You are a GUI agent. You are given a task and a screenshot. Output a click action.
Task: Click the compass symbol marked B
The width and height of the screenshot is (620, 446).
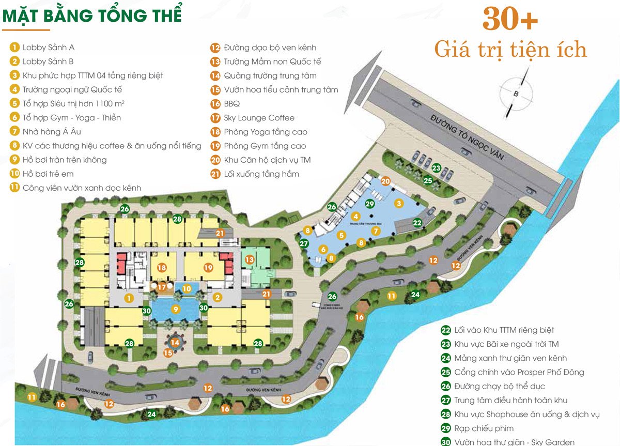pos(515,94)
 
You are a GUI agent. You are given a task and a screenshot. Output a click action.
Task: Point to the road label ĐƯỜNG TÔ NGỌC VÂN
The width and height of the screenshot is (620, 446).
pos(467,136)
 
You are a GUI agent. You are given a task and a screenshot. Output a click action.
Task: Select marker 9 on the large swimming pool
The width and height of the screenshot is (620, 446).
pos(176,309)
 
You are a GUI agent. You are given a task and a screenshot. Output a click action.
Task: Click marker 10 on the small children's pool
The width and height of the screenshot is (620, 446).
pos(187,288)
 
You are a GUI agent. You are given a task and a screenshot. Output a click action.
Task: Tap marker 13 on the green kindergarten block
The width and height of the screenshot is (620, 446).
pos(250,259)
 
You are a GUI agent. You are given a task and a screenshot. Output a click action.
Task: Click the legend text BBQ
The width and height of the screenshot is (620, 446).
pos(232,103)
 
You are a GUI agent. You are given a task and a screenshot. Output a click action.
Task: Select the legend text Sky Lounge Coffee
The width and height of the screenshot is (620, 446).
pos(259,118)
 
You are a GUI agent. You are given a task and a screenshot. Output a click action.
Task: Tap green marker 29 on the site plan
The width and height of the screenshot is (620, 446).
pos(369,204)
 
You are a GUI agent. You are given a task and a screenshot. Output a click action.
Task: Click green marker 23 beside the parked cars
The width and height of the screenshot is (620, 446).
pos(437,167)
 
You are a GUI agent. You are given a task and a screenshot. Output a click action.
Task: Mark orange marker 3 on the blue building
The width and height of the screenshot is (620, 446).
pos(398,203)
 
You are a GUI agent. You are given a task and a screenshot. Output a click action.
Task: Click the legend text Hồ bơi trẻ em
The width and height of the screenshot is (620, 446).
pos(48,174)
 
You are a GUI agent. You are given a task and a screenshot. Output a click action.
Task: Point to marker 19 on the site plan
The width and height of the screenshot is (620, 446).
pos(208,268)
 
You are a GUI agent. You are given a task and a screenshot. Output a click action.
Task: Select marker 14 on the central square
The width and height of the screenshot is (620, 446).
pos(175,342)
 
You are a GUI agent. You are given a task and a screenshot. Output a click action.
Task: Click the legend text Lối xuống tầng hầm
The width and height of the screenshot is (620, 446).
pos(261,174)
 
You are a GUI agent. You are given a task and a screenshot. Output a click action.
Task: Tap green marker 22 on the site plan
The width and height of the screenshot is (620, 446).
pos(417,222)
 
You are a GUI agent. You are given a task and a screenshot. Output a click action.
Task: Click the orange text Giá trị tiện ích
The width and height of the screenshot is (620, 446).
pos(510,50)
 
